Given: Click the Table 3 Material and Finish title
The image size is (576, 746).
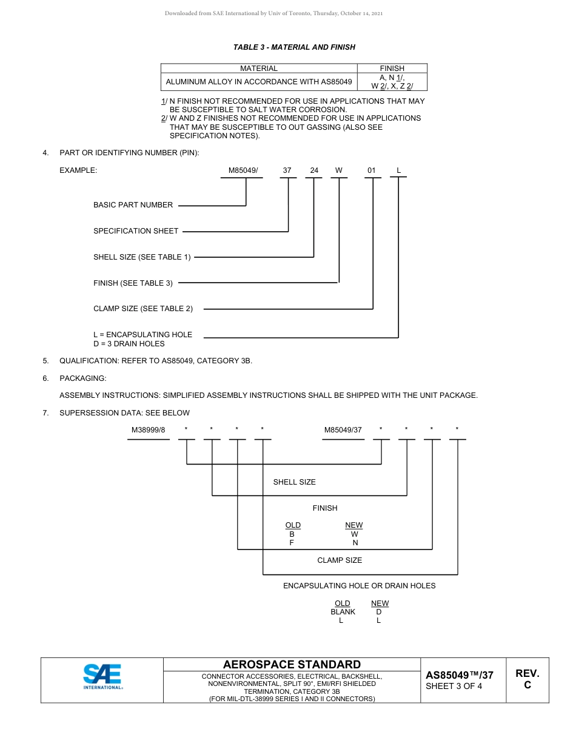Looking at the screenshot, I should coord(294,47).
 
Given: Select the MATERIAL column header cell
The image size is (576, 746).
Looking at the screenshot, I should coord(259,69).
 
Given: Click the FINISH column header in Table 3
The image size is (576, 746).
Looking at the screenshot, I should coord(392,69).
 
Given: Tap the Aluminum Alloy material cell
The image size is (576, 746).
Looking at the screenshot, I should coord(259,81).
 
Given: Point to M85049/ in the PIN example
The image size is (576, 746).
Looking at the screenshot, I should coord(243,170).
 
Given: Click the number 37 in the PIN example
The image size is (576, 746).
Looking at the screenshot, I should coord(287,170).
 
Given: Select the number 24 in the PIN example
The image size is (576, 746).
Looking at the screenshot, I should coord(314,170).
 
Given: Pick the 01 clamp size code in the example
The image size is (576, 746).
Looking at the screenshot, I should coord(372,170).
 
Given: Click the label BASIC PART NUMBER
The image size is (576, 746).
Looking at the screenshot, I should coord(133,205).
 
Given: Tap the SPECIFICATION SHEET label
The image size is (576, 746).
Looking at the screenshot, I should coord(136,231).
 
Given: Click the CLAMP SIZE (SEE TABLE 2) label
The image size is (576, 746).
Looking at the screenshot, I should coord(143,309).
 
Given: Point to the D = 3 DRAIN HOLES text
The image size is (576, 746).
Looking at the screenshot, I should coord(129,344).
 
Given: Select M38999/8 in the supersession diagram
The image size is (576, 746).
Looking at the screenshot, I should coord(148,430).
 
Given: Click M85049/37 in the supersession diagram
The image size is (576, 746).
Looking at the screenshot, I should coord(343,430).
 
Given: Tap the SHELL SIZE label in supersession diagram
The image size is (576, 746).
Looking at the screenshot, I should coord(294,482).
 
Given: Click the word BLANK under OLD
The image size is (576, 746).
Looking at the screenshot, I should coord(343,612).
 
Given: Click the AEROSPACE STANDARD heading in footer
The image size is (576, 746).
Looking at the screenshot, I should coord(292,665).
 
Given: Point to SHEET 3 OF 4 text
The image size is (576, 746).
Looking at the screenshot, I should coord(454,687).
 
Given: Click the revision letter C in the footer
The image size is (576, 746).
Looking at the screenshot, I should coord(527,685).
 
